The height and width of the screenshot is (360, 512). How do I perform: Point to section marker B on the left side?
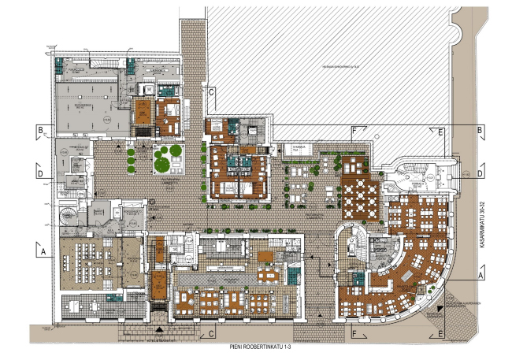click(38, 130)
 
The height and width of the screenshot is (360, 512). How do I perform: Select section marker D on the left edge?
click(38, 169)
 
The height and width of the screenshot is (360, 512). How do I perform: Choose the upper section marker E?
click(441, 131)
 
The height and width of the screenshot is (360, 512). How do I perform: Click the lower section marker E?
click(441, 334)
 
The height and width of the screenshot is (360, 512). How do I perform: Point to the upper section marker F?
click(355, 131)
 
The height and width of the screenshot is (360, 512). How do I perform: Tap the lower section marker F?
click(355, 334)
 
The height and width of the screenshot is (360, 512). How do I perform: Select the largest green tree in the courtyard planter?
click(162, 163)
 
